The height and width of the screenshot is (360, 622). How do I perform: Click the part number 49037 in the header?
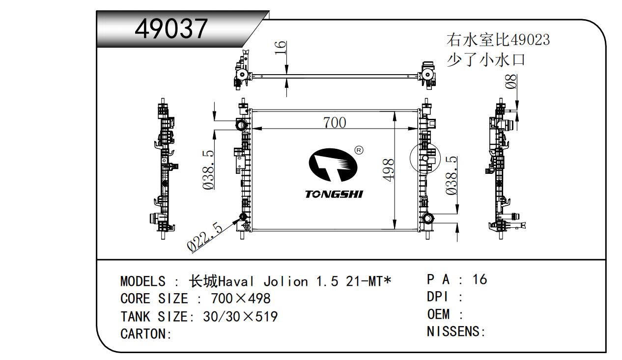171,29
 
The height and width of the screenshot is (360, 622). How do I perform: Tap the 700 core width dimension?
334,122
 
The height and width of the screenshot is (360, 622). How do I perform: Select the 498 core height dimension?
388,170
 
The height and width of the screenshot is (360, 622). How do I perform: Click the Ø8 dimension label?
510,82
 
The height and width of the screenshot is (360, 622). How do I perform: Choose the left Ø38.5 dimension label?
208,169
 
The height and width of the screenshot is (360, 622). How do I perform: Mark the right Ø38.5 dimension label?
451,175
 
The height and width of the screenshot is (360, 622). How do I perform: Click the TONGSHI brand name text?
334,194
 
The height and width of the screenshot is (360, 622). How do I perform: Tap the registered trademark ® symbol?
359,150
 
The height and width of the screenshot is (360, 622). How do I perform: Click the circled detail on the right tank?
424,159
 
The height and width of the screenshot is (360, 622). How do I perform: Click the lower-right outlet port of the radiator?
427,219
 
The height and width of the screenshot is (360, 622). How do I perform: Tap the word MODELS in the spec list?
142,281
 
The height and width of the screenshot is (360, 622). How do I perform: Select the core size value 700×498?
240,299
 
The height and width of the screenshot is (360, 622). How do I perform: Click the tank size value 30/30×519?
240,316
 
